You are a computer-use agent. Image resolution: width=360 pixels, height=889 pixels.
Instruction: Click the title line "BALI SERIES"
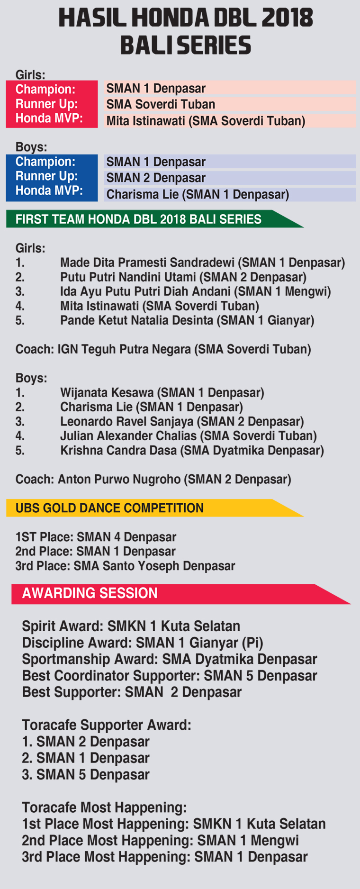(185, 45)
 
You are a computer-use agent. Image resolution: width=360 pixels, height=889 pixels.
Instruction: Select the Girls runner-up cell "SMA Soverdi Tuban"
(230, 104)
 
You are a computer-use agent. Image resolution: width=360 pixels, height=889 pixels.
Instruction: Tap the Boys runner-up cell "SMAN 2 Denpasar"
(230, 178)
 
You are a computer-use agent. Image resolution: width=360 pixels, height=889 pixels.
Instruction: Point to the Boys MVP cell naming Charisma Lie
(230, 194)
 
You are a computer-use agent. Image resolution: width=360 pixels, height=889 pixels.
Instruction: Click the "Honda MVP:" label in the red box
(49, 118)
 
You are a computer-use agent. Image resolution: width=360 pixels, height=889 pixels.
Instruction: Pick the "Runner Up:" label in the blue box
(46, 176)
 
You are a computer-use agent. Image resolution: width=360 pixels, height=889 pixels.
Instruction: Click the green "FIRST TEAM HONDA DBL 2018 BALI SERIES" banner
(154, 219)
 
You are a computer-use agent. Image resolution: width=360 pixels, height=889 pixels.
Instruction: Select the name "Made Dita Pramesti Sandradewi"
(147, 263)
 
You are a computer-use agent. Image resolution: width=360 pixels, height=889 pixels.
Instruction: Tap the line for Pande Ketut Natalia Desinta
(187, 320)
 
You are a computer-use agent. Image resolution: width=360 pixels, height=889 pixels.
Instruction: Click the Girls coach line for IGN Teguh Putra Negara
(163, 349)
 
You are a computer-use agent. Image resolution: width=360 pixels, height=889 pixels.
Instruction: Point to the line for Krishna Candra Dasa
(192, 450)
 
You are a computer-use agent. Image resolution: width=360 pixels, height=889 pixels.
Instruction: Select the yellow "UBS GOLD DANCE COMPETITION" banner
(154, 508)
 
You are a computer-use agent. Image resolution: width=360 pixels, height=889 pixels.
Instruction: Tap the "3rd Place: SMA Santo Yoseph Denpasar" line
(125, 566)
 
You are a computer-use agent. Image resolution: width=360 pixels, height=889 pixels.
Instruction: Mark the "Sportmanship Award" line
(170, 659)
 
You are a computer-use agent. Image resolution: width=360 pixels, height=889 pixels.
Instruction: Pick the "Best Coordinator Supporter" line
(170, 676)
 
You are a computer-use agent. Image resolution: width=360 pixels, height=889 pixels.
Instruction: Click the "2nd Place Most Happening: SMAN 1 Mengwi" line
(160, 840)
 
